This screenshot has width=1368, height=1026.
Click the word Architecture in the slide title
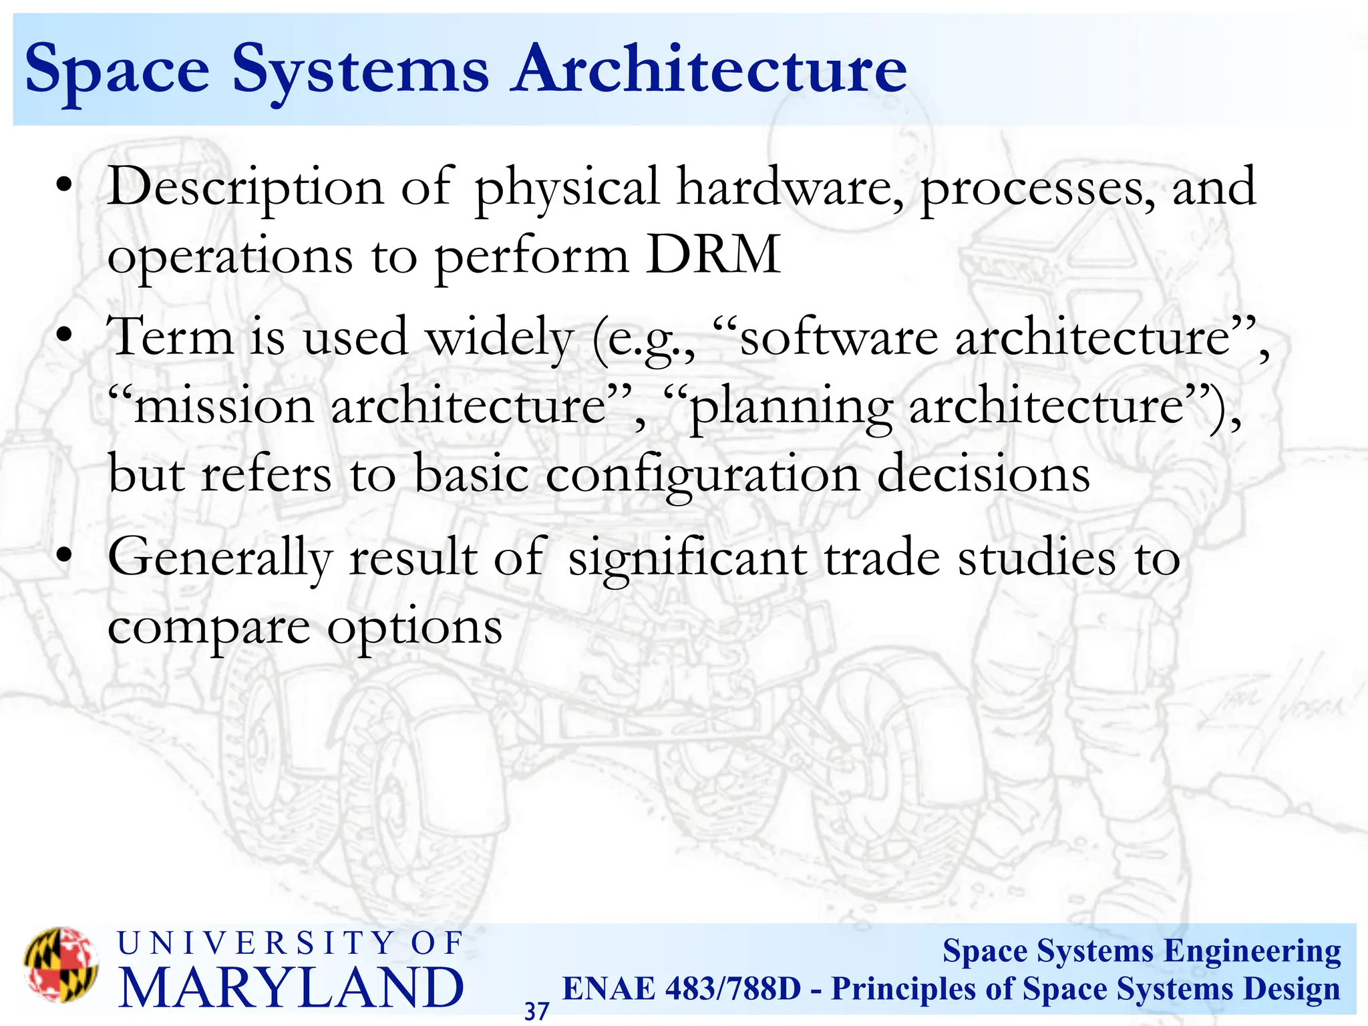pos(709,69)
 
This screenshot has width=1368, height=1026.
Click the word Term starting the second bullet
pos(171,337)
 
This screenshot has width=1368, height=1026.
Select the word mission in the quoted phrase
pos(224,406)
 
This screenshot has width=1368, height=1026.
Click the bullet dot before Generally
pos(63,556)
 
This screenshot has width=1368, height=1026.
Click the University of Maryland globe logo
pos(61,965)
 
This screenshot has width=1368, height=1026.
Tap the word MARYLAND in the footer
pos(291,987)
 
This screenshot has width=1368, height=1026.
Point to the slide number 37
pos(536,1011)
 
